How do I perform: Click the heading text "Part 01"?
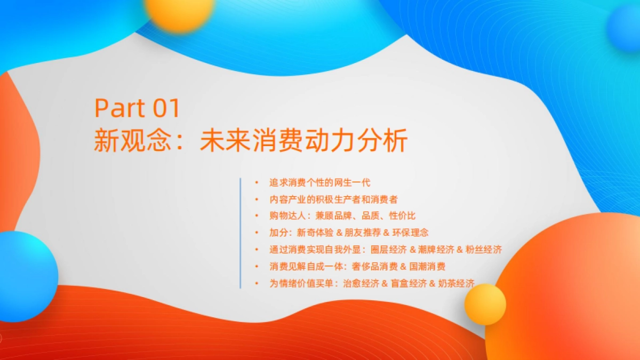coord(138,108)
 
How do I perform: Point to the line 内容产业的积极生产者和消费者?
coord(333,199)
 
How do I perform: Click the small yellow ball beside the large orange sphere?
coord(485,304)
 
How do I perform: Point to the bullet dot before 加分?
coord(257,233)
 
